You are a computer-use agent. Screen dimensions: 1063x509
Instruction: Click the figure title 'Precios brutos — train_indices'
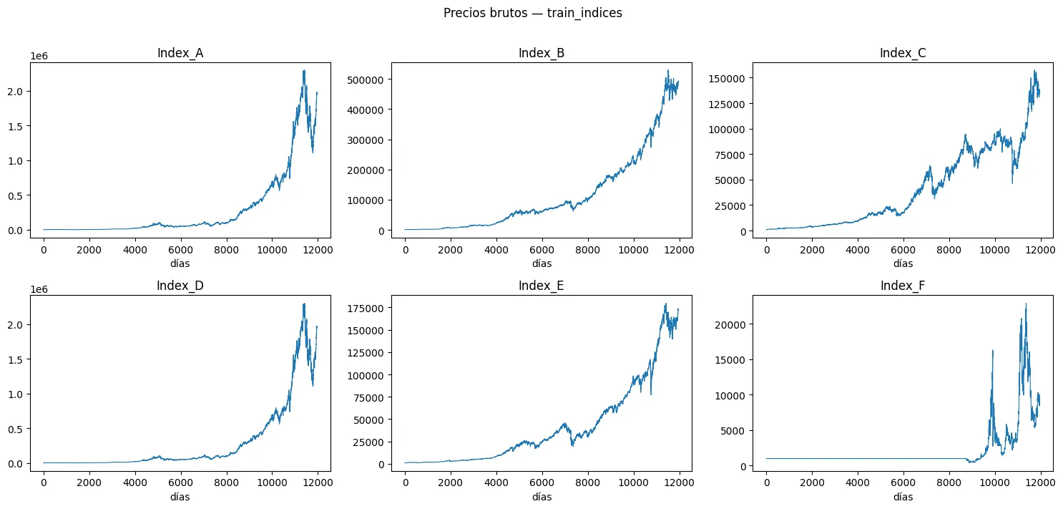click(x=532, y=13)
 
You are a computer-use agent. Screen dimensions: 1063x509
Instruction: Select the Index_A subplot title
click(x=180, y=53)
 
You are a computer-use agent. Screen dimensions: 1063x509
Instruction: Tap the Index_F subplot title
click(x=903, y=286)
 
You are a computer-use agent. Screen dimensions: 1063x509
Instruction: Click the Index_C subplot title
click(x=903, y=53)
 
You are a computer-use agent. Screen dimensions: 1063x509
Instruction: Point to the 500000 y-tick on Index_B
click(x=366, y=79)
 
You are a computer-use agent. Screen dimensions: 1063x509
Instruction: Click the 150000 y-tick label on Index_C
click(x=727, y=78)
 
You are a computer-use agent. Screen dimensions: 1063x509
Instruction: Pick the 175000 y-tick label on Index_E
click(x=366, y=308)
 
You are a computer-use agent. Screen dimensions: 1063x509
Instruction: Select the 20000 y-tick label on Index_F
click(x=730, y=325)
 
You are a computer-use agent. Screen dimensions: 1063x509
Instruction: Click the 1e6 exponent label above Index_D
click(x=39, y=290)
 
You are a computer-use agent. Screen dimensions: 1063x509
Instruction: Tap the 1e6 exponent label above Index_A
click(x=39, y=56)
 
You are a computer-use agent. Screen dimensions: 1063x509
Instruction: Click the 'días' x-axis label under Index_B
click(x=542, y=263)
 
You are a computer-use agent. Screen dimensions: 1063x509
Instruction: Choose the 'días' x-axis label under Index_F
click(x=903, y=497)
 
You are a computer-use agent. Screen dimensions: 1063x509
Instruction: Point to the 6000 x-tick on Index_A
click(x=180, y=250)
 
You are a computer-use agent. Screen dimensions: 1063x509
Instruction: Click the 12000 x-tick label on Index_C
click(x=1040, y=250)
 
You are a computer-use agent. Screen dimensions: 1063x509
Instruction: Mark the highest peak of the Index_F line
click(x=1026, y=304)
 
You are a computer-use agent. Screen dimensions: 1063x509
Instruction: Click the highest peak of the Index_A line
click(x=304, y=70)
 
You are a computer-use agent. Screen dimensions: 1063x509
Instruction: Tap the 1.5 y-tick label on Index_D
click(x=15, y=359)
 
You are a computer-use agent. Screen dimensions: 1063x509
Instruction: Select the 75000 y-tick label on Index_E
click(x=368, y=397)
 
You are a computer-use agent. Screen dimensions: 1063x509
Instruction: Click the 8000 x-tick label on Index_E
click(x=587, y=483)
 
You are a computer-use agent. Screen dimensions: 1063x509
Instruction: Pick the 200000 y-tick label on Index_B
click(x=366, y=170)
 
